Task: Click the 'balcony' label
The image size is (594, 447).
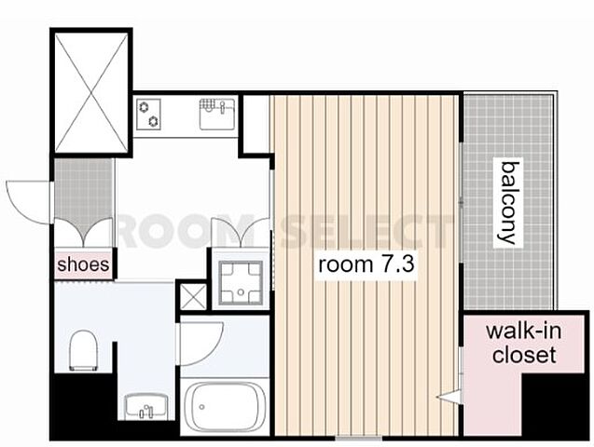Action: pos(509,203)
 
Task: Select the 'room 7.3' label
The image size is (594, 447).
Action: pos(366,264)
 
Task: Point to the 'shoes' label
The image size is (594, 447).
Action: pos(83,264)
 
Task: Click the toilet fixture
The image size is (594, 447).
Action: pos(83,350)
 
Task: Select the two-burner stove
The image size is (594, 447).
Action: pos(148,114)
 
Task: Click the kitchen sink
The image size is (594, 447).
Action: pos(217,114)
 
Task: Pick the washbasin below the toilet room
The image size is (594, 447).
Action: pos(146,406)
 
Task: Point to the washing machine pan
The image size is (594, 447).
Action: pos(241,282)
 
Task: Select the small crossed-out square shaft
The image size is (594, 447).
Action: pos(193,296)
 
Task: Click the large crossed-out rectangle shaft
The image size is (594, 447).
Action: pos(91,92)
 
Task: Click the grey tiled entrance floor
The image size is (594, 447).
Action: pos(84,193)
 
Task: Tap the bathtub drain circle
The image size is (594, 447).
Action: pos(202,407)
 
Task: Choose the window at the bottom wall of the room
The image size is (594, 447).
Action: pos(359,439)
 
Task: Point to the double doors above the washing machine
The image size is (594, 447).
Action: pos(241,233)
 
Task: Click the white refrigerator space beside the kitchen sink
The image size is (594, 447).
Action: pos(256,124)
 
